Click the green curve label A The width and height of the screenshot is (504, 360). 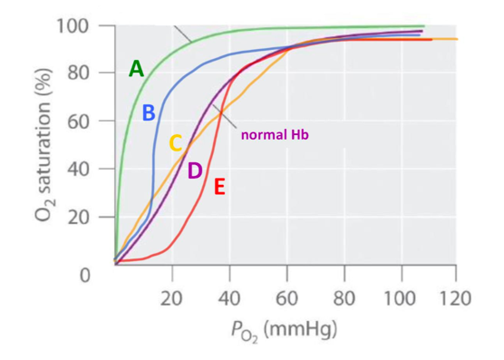point(136,69)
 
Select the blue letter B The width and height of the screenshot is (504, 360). point(149,113)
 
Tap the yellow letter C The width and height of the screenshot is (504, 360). point(176,143)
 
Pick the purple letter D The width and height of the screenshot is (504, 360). point(194,171)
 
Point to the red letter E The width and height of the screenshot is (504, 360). point(219,189)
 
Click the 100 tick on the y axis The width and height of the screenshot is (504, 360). point(73,25)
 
